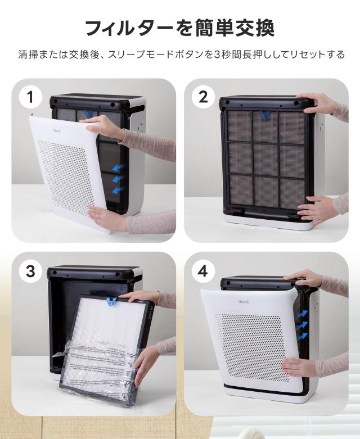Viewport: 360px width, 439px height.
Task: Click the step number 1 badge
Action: [30, 97]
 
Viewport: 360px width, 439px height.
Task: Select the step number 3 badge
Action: [30, 271]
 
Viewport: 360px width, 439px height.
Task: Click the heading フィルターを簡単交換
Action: [179, 27]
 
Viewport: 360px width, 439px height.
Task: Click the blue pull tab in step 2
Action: [264, 116]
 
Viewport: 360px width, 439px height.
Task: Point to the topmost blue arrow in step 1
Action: [117, 168]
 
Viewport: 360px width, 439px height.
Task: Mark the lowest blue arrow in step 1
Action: [117, 191]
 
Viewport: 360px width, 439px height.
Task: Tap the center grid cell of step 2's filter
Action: [266, 159]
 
